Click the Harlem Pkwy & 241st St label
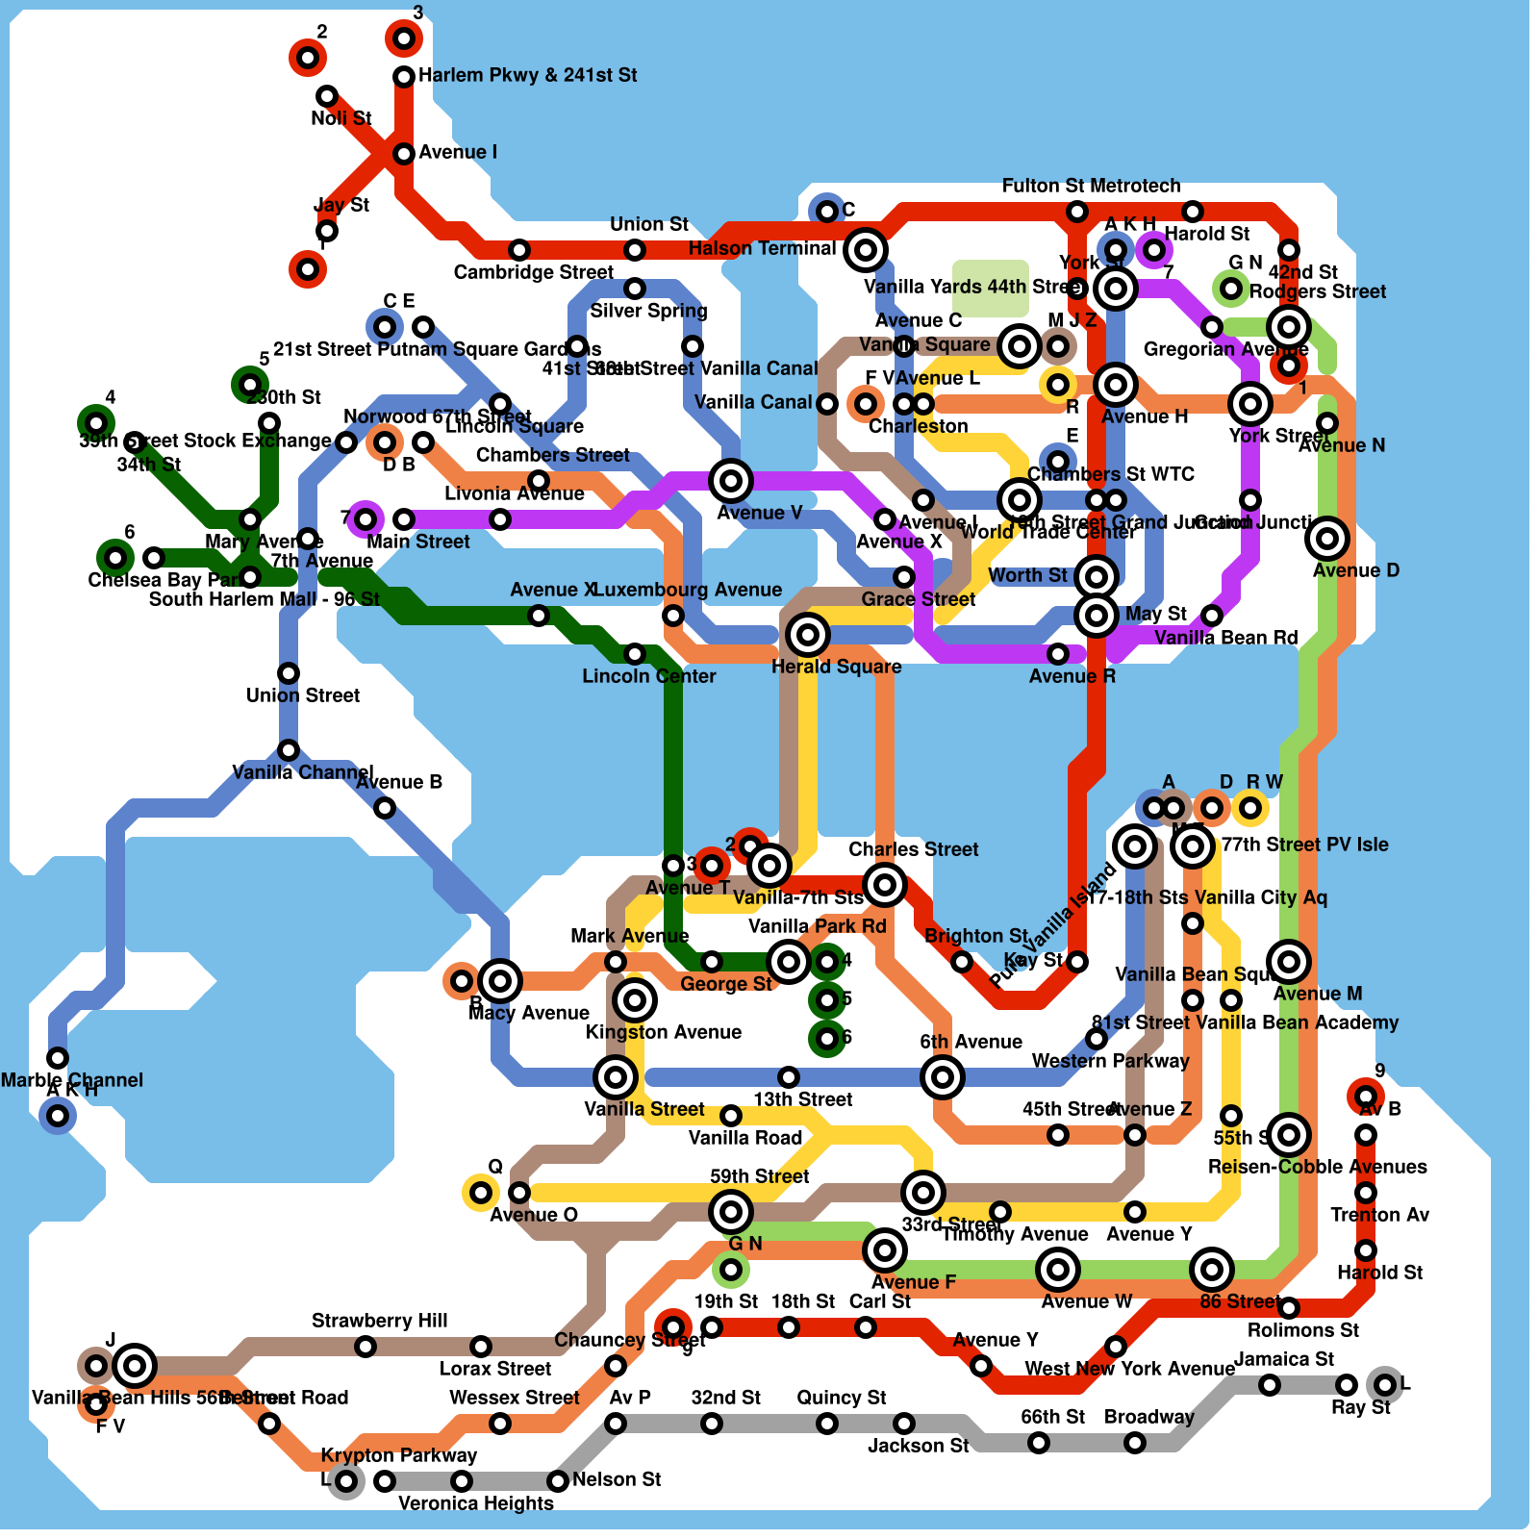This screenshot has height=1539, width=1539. [527, 75]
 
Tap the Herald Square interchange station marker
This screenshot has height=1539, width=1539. [808, 635]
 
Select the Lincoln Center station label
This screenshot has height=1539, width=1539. [648, 676]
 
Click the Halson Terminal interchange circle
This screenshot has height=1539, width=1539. [866, 250]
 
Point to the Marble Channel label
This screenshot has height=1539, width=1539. [71, 1080]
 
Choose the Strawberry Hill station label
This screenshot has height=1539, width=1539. [379, 1321]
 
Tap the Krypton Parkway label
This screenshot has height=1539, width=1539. [398, 1455]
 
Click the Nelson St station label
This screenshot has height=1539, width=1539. [616, 1479]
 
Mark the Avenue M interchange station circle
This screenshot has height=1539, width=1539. [1289, 962]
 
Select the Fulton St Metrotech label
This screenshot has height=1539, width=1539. [1091, 186]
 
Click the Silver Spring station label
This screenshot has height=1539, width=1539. [648, 311]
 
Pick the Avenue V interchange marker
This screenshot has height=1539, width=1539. [731, 481]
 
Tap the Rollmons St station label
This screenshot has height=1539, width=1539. [1302, 1330]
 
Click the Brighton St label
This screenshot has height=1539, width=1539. [975, 936]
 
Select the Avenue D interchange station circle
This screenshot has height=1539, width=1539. [1327, 539]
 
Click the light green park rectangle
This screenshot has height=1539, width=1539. [991, 287]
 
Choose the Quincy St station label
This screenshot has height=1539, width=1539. [841, 1398]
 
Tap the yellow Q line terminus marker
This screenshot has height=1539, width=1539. [480, 1193]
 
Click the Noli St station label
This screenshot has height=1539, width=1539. [341, 118]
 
